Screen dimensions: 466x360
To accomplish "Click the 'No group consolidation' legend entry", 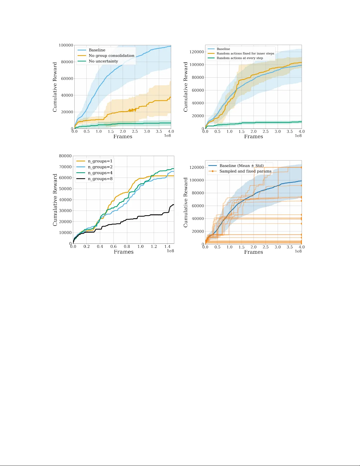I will pyautogui.click(x=111, y=56).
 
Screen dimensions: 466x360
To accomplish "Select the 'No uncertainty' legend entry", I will pyautogui.click(x=103, y=61).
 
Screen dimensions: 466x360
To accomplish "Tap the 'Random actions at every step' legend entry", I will pyautogui.click(x=240, y=58).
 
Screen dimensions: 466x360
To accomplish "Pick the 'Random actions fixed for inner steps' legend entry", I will pyautogui.click(x=245, y=54).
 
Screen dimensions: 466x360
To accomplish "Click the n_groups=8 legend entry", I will pyautogui.click(x=100, y=179).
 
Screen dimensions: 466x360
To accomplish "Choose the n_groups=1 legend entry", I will pyautogui.click(x=100, y=161).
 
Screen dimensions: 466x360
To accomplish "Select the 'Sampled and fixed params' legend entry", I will pyautogui.click(x=245, y=171).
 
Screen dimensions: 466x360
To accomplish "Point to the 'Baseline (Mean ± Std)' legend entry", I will pyautogui.click(x=241, y=166).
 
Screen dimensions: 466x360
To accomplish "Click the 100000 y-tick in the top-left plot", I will pyautogui.click(x=66, y=45).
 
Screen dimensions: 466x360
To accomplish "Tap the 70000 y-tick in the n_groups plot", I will pyautogui.click(x=65, y=167).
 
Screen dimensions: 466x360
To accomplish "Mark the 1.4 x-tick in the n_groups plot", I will pyautogui.click(x=167, y=246).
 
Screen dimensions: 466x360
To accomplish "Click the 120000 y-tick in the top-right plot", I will pyautogui.click(x=197, y=52).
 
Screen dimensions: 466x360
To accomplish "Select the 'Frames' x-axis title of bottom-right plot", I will pyautogui.click(x=253, y=252).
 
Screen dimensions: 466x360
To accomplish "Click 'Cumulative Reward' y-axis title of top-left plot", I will pyautogui.click(x=55, y=87).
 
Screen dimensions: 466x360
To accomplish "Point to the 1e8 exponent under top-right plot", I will pyautogui.click(x=298, y=136).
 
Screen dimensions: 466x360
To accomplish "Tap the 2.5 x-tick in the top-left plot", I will pyautogui.click(x=135, y=131).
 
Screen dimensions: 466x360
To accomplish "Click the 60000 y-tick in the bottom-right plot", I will pyautogui.click(x=198, y=206).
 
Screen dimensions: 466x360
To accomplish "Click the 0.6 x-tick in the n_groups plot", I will pyautogui.click(x=113, y=246).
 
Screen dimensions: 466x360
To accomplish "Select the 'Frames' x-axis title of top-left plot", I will pyautogui.click(x=123, y=136).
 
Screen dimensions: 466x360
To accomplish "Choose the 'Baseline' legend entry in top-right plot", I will pyautogui.click(x=223, y=49).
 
